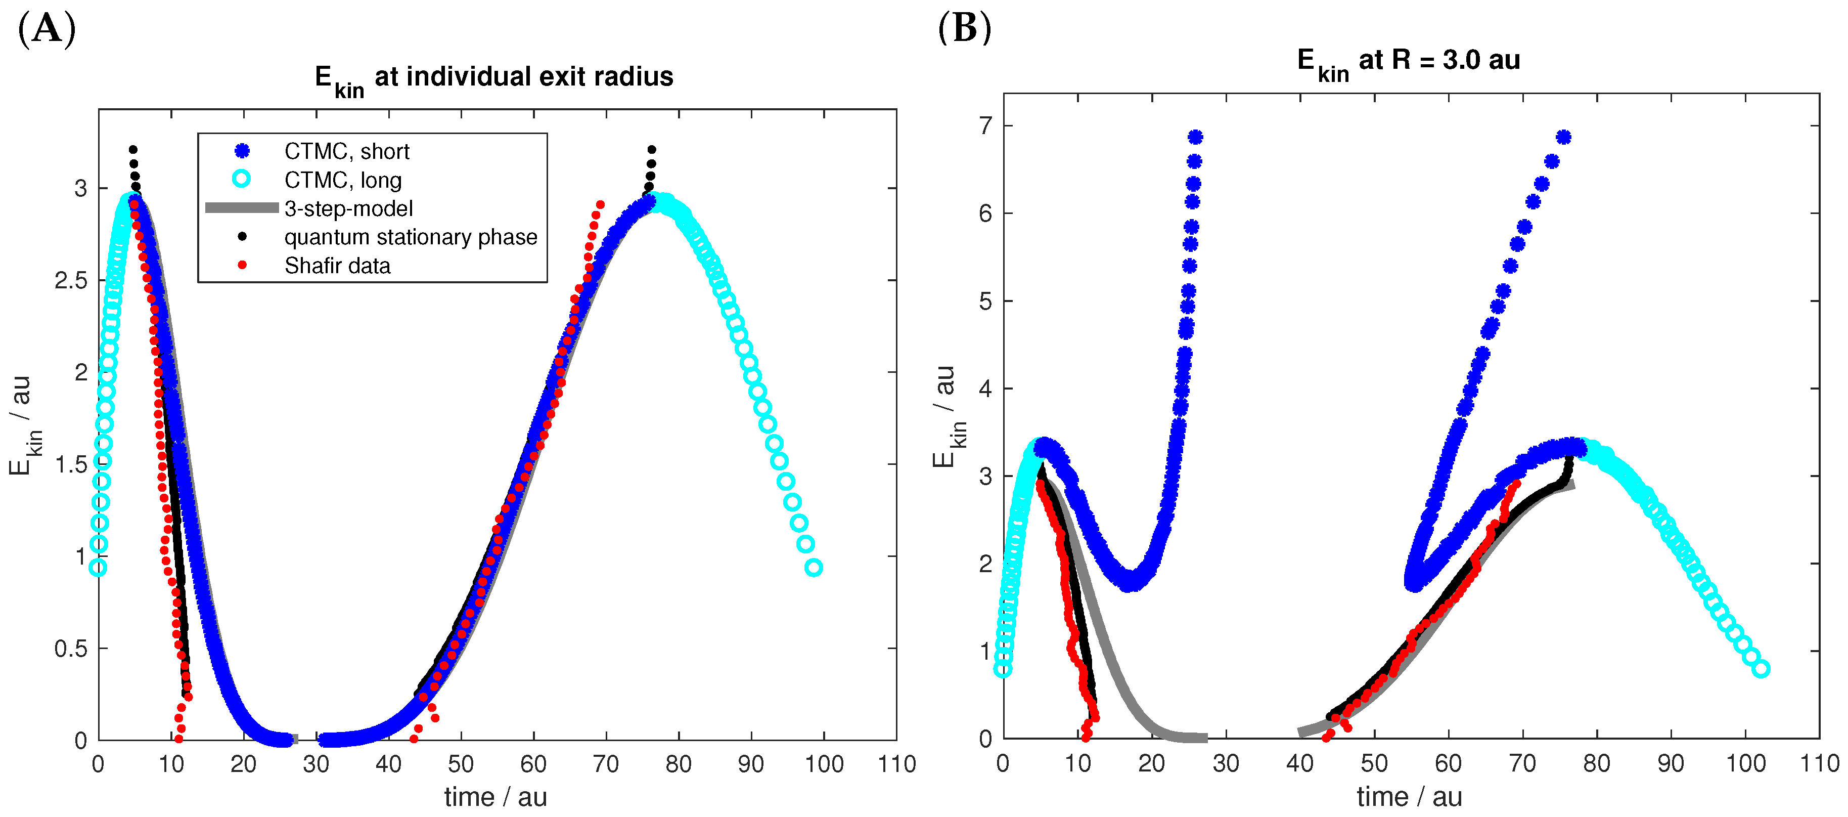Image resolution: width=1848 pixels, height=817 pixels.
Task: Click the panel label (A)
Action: (47, 30)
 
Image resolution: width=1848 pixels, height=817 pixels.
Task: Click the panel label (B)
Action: (964, 29)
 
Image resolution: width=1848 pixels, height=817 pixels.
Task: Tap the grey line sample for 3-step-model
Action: (242, 208)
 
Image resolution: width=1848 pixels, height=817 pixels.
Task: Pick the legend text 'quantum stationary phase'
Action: (411, 237)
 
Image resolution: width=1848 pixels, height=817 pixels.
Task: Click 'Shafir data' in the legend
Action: (337, 266)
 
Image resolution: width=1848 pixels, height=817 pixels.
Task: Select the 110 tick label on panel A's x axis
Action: (897, 764)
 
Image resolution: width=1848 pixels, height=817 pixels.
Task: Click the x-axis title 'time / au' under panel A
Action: (495, 797)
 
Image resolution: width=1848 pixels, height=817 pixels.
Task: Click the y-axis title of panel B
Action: (949, 416)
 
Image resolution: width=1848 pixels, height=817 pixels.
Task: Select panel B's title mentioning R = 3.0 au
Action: (1408, 61)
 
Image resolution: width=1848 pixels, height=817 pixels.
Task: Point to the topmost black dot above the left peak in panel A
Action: (132, 149)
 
